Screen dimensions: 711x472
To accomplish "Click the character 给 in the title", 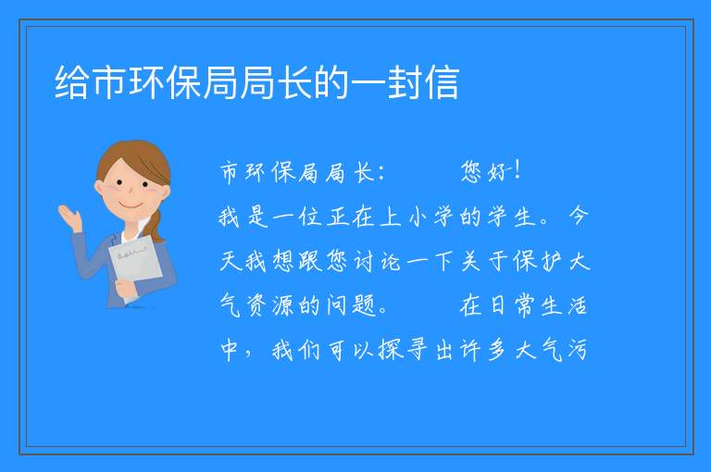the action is point(71,82).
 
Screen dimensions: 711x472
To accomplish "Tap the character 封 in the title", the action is point(404,82).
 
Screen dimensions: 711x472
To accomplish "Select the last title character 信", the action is point(442,82).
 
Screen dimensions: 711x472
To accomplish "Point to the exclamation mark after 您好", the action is point(518,170).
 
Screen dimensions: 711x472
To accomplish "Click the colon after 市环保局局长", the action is point(380,173).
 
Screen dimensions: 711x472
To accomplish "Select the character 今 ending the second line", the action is point(579,216).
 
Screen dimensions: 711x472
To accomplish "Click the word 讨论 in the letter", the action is point(378,261).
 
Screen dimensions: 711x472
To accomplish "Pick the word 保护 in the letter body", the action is point(538,261).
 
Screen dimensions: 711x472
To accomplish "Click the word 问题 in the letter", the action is point(352,305).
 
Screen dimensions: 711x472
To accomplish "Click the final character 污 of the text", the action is point(577,350).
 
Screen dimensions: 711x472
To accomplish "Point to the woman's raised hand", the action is point(69,217).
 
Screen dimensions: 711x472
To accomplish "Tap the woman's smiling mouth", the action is point(130,206).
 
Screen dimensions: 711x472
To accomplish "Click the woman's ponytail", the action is point(156,226).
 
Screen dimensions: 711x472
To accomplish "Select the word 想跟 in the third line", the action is point(297,261).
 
